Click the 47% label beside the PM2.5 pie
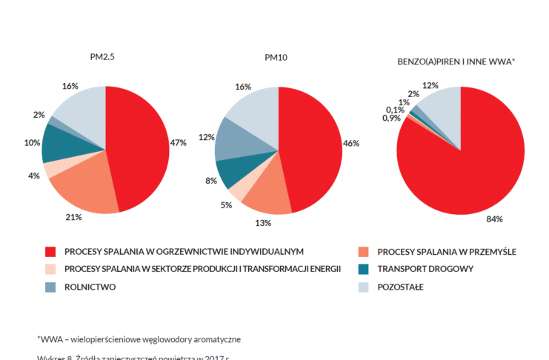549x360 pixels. (178, 142)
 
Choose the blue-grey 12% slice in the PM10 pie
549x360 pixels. (236, 139)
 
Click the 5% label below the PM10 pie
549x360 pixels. (226, 204)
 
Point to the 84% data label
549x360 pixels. (494, 219)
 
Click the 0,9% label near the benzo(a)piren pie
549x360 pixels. (392, 119)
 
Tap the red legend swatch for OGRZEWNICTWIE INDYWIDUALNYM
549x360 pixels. (51, 252)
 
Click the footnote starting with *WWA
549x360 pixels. (139, 339)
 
